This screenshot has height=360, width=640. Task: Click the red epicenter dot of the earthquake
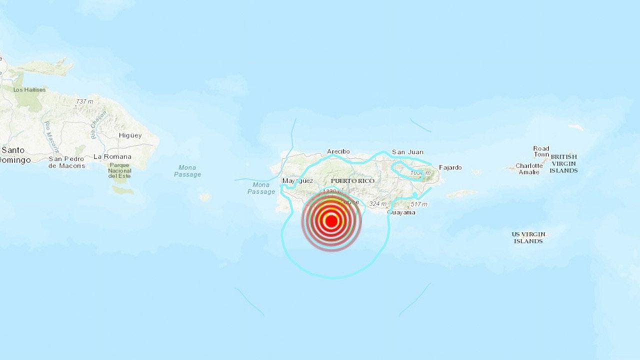pyautogui.click(x=330, y=220)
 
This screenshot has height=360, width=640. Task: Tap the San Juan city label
pyautogui.click(x=407, y=152)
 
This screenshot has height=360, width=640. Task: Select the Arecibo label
pyautogui.click(x=338, y=151)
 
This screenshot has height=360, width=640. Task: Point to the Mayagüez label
pyautogui.click(x=297, y=180)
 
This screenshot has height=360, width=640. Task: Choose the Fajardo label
pyautogui.click(x=450, y=167)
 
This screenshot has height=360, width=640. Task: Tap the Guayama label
pyautogui.click(x=401, y=212)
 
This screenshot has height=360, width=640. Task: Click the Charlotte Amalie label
pyautogui.click(x=528, y=169)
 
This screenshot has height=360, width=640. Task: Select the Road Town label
pyautogui.click(x=541, y=151)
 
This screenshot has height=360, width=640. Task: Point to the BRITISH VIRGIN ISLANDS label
pyautogui.click(x=563, y=163)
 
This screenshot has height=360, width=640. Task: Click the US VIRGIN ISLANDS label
pyautogui.click(x=528, y=237)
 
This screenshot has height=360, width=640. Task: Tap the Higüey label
pyautogui.click(x=130, y=135)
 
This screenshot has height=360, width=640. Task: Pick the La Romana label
pyautogui.click(x=112, y=156)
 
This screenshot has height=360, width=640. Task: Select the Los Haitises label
pyautogui.click(x=29, y=90)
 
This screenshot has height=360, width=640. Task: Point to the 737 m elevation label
pyautogui.click(x=84, y=101)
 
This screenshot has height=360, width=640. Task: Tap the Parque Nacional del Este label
pyautogui.click(x=120, y=171)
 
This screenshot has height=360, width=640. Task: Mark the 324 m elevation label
pyautogui.click(x=377, y=203)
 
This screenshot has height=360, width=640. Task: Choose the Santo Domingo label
pyautogui.click(x=14, y=155)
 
